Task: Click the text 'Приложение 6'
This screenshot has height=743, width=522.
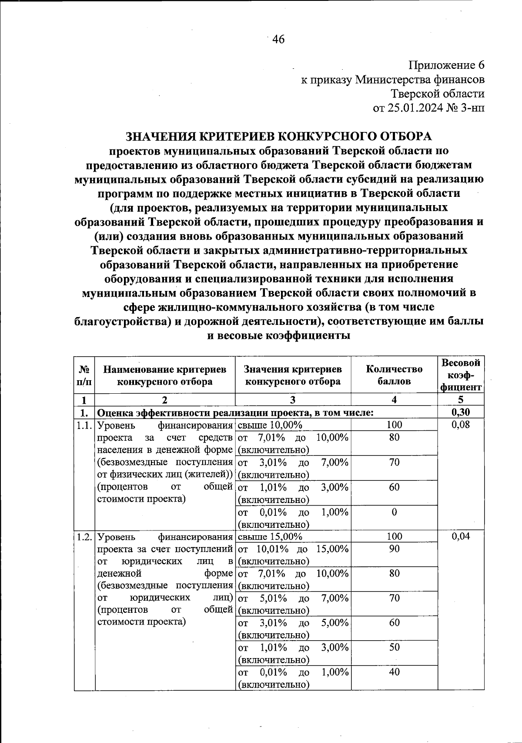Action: (446, 66)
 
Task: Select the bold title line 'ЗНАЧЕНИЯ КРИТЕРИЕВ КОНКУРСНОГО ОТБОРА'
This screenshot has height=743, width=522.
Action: (278, 136)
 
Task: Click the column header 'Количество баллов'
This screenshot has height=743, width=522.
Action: (394, 375)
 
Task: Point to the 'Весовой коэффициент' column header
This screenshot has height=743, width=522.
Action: (461, 375)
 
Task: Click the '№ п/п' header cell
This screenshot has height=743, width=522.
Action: (84, 375)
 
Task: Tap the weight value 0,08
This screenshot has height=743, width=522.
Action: (461, 425)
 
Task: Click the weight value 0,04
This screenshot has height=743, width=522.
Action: (461, 536)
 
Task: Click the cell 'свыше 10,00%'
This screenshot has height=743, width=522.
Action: (270, 425)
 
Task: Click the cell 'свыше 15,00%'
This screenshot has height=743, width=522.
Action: (270, 536)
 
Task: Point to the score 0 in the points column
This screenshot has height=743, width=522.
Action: (394, 512)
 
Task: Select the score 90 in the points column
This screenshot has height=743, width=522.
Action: (394, 549)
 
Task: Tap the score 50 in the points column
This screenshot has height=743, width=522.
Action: (394, 647)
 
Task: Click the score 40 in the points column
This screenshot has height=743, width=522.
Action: (394, 672)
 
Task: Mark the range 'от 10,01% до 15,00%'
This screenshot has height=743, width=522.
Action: (293, 554)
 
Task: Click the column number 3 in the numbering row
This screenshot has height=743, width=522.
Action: (293, 400)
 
